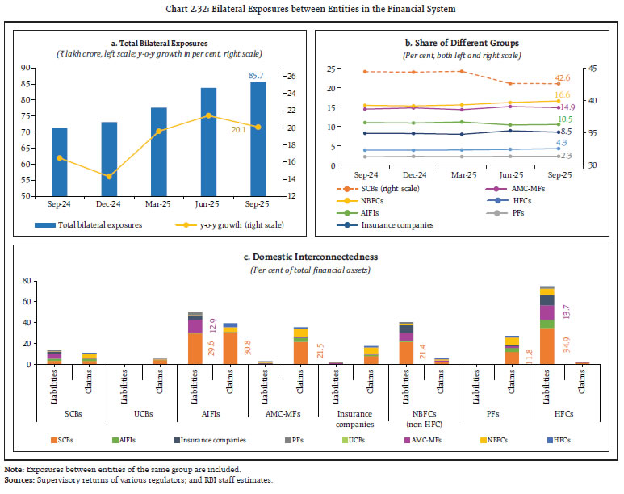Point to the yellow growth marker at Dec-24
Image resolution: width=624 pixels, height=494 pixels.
point(109,176)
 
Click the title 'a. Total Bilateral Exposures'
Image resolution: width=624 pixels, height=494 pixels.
point(160,42)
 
